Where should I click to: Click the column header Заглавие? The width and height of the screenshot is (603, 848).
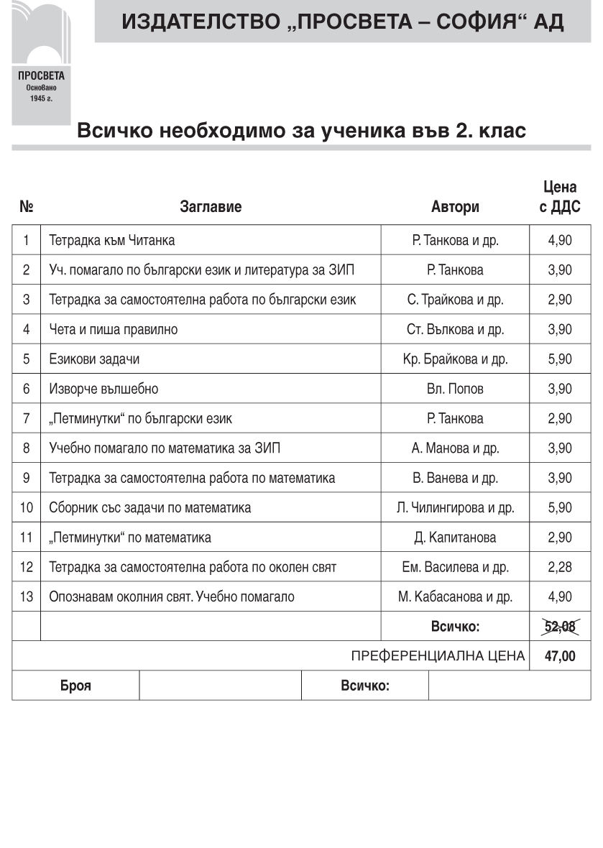[211, 208]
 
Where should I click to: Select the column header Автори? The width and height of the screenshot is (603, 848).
[455, 208]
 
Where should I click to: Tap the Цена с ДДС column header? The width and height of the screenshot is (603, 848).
[560, 198]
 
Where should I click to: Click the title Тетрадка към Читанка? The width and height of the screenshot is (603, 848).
[112, 241]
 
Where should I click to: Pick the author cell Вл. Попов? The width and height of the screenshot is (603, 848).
[455, 390]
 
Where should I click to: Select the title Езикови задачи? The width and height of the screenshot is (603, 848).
[94, 359]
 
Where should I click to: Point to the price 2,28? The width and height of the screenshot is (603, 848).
[560, 568]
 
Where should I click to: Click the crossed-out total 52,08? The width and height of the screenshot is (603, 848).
[560, 627]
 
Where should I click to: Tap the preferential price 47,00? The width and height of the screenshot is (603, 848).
[560, 656]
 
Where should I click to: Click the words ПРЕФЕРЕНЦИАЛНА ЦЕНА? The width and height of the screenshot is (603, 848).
[438, 656]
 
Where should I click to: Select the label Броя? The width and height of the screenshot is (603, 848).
[75, 686]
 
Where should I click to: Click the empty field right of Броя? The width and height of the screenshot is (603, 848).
[220, 686]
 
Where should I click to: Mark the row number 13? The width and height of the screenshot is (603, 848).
[27, 597]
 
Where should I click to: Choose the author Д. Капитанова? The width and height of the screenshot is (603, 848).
[455, 538]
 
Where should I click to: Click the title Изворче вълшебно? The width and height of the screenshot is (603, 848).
[103, 390]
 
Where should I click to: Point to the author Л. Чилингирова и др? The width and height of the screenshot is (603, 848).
[455, 508]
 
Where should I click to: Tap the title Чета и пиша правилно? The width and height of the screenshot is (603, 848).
[114, 330]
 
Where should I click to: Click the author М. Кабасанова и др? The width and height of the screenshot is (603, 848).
[455, 597]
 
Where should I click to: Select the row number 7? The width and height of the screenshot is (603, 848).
[27, 419]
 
